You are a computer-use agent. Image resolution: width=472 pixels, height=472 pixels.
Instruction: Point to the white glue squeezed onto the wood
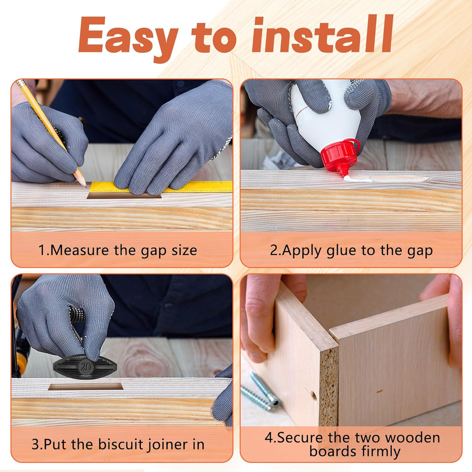click(x=359, y=178)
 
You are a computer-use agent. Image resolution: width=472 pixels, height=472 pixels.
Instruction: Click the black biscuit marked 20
click(x=85, y=366)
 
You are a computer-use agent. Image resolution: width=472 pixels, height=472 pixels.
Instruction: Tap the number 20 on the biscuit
click(x=86, y=366)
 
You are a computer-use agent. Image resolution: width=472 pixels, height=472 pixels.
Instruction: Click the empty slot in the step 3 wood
click(x=85, y=387)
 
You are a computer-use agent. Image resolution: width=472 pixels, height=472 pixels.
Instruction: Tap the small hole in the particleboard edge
click(x=314, y=396)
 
